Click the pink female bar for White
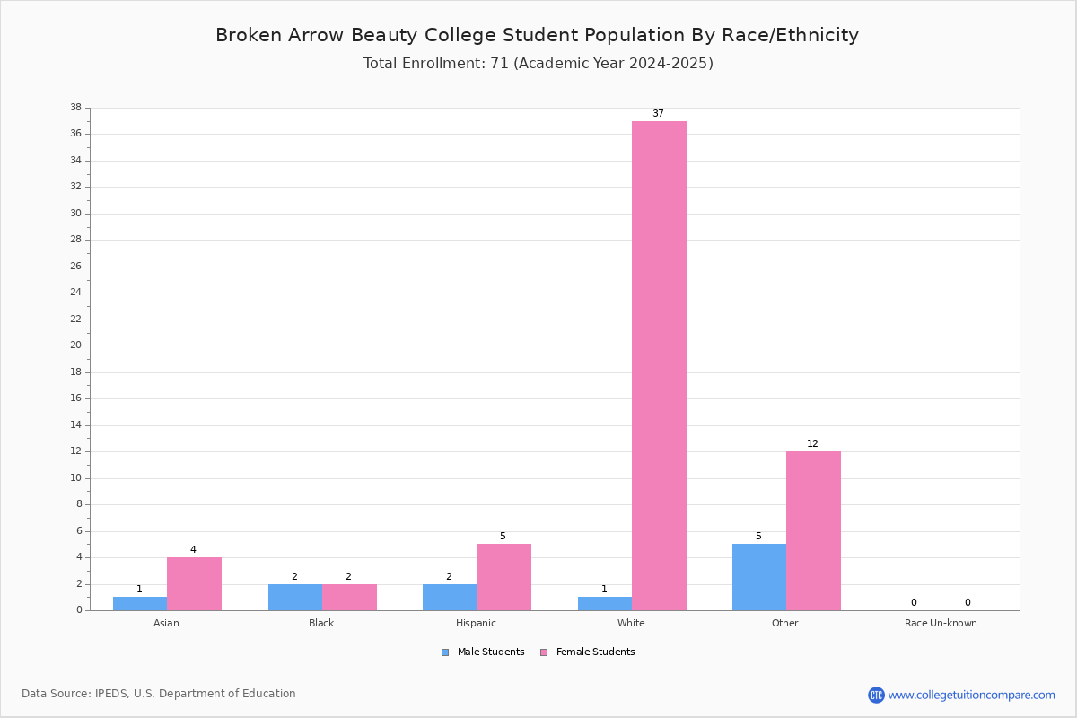point(659,366)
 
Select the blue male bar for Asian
point(140,604)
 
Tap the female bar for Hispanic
point(503,578)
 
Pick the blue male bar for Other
point(759,578)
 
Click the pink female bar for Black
point(349,598)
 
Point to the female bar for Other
point(813,531)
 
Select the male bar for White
point(605,604)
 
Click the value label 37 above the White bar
point(658,113)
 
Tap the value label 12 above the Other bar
point(812,443)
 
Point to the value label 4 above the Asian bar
point(193,549)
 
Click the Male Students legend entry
point(483,652)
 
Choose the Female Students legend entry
point(588,652)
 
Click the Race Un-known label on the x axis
point(941,623)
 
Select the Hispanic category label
point(476,623)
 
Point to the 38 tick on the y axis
point(76,107)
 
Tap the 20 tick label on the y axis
point(76,346)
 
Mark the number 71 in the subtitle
point(500,64)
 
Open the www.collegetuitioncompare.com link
point(972,695)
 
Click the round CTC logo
point(877,695)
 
